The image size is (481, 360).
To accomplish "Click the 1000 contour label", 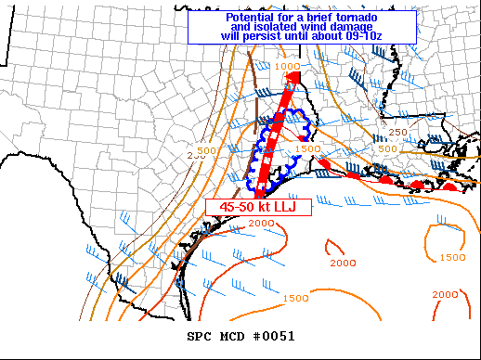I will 287,67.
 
